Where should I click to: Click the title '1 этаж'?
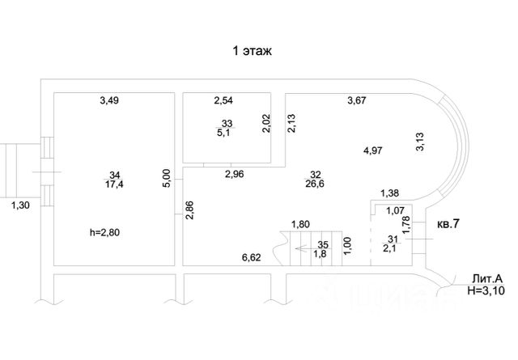pyautogui.click(x=252, y=51)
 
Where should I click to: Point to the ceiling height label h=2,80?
pyautogui.click(x=109, y=233)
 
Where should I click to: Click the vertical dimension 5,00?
pyautogui.click(x=167, y=177)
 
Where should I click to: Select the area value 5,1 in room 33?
pyautogui.click(x=224, y=133)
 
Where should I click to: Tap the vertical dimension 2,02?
pyautogui.click(x=266, y=123)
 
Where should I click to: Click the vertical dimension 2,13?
pyautogui.click(x=291, y=123)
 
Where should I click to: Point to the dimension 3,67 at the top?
pyautogui.click(x=358, y=100)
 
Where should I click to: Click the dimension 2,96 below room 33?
pyautogui.click(x=235, y=173)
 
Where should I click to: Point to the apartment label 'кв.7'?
pyautogui.click(x=448, y=222)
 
